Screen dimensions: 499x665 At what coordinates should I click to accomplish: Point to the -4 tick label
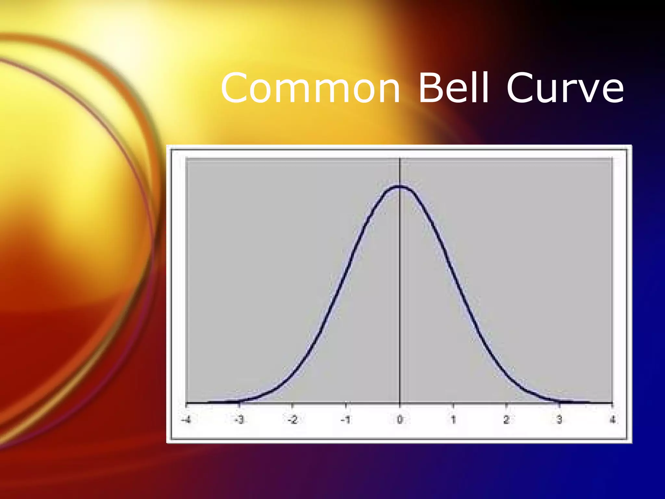[186, 420]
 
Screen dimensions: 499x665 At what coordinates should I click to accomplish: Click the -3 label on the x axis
[239, 420]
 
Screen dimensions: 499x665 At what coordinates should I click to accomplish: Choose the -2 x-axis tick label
[292, 420]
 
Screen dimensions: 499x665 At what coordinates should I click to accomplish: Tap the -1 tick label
[345, 420]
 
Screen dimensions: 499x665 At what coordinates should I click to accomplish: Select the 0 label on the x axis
[400, 420]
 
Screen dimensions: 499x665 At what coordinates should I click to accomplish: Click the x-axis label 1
[453, 420]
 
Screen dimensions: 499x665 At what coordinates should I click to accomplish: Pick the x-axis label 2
[506, 420]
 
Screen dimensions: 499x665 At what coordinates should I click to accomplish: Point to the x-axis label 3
[559, 420]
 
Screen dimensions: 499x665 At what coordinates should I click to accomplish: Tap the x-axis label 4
[612, 420]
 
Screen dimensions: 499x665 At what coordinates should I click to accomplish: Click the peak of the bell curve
[400, 186]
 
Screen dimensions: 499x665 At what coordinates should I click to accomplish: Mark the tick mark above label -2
[292, 405]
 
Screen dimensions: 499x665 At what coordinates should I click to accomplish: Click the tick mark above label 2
[506, 405]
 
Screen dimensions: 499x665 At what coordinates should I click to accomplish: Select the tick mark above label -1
[345, 405]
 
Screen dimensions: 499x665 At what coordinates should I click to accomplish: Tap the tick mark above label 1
[453, 405]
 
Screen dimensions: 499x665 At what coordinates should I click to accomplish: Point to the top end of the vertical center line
[400, 158]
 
